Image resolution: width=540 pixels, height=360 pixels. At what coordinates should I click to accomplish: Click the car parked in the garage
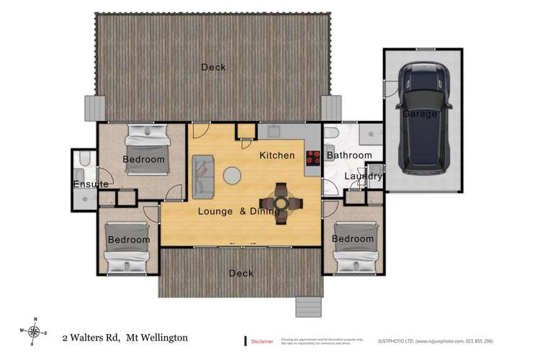424,119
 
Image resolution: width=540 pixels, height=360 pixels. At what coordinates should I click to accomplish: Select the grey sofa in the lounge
203,176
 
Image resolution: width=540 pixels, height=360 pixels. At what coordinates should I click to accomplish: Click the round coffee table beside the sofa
233,175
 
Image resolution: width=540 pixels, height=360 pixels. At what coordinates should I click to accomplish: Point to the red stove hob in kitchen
313,158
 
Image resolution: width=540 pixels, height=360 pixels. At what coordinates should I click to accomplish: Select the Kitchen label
277,156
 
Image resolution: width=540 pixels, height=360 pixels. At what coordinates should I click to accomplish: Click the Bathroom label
349,156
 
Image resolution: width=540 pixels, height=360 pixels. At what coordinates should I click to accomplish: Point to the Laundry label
363,176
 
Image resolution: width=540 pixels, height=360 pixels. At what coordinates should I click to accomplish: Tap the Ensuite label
91,185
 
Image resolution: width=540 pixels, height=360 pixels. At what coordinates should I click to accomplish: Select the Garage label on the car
420,114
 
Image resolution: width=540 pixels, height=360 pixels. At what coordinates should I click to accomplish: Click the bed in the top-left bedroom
147,148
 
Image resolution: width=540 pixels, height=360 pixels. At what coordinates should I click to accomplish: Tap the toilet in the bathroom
330,134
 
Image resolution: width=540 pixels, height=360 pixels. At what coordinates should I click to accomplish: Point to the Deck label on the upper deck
213,67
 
